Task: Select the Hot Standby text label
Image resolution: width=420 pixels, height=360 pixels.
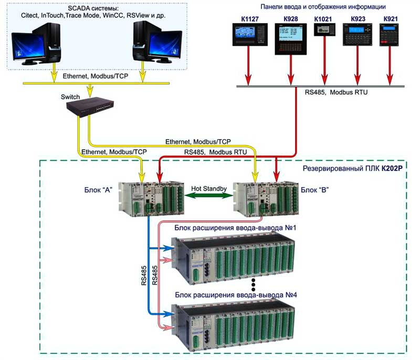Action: pyautogui.click(x=209, y=188)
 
